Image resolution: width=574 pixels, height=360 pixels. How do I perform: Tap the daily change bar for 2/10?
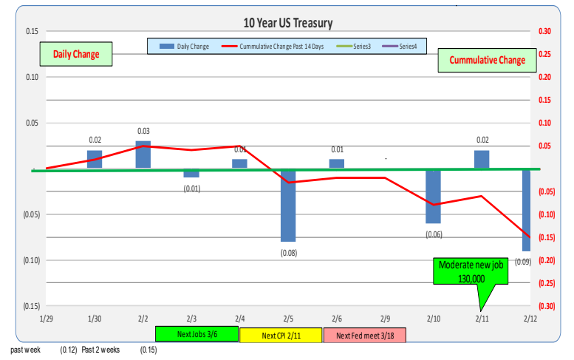point(433,196)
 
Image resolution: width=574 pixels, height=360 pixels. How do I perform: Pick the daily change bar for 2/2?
point(143,154)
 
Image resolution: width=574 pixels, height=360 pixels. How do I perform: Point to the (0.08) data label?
point(288,252)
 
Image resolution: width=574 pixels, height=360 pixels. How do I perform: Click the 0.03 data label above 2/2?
point(143,132)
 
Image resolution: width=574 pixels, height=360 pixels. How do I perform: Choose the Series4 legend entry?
point(402,46)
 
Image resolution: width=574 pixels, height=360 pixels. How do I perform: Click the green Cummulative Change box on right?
point(487,60)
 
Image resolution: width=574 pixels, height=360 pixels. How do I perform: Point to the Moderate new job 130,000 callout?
point(472,271)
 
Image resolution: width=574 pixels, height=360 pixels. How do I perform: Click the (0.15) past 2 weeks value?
point(148,350)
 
